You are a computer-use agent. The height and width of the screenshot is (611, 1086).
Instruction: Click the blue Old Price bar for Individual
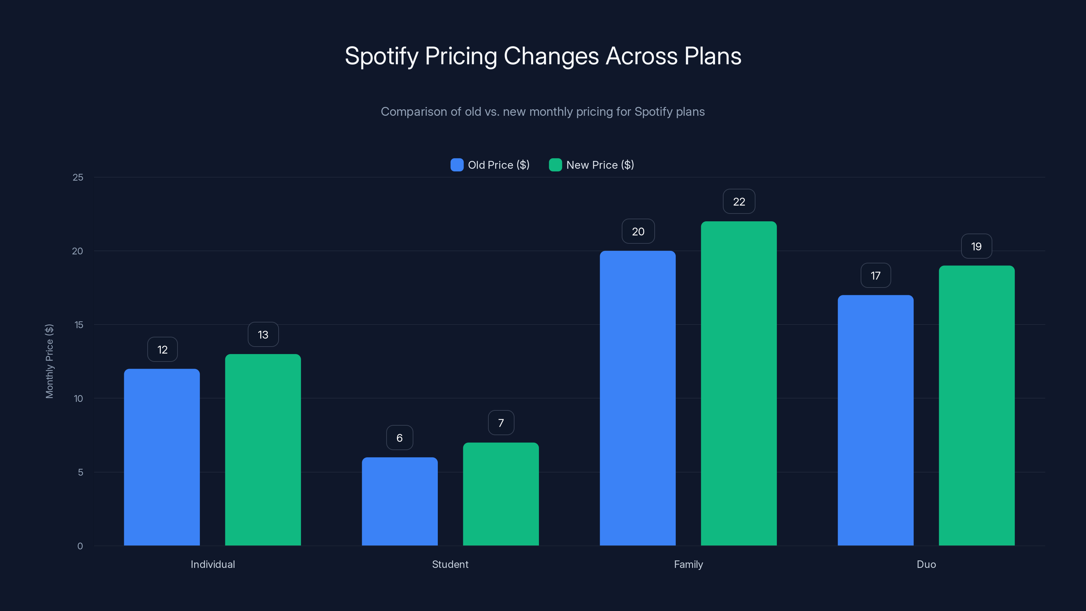click(162, 457)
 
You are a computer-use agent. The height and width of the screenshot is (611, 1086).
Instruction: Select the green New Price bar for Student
click(501, 494)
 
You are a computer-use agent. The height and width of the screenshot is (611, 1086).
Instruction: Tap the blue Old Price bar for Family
click(637, 398)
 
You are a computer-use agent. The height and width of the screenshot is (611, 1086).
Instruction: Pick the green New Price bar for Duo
click(976, 405)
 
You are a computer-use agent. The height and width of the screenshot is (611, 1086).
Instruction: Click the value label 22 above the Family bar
click(738, 202)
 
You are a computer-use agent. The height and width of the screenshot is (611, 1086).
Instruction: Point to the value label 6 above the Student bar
click(399, 438)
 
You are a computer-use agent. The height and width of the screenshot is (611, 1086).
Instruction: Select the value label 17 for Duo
click(875, 276)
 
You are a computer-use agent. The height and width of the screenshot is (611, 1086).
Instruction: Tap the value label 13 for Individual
click(263, 335)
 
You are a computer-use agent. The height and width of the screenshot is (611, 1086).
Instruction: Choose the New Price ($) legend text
click(600, 165)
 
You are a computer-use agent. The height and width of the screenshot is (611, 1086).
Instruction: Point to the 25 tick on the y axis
click(78, 178)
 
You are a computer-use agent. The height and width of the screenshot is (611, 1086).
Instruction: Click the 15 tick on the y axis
click(79, 325)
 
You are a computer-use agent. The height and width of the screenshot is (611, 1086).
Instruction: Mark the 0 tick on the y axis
click(80, 546)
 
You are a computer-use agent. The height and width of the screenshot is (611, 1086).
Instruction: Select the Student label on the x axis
click(450, 564)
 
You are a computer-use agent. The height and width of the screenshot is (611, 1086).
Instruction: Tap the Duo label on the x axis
click(926, 564)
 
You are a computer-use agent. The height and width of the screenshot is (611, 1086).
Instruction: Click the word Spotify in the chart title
click(381, 56)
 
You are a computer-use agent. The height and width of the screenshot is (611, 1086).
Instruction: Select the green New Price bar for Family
click(738, 383)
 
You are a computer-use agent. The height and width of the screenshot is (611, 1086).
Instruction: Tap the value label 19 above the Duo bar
click(976, 246)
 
